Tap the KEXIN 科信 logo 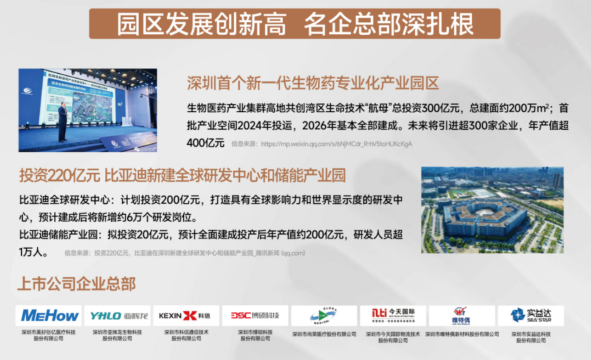(x=184, y=316)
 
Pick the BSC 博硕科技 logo (x=255, y=316)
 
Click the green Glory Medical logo (x=324, y=316)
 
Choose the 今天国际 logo (x=392, y=316)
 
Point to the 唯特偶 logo (x=462, y=316)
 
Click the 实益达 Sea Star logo (x=531, y=316)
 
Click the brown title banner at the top (x=295, y=24)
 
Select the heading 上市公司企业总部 (x=77, y=283)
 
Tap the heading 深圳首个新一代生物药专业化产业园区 (x=313, y=84)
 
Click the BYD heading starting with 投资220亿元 (x=182, y=176)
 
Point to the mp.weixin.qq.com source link (x=336, y=144)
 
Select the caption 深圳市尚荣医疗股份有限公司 (x=324, y=334)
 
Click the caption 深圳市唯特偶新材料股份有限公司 (x=462, y=334)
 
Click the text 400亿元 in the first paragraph (x=205, y=143)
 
